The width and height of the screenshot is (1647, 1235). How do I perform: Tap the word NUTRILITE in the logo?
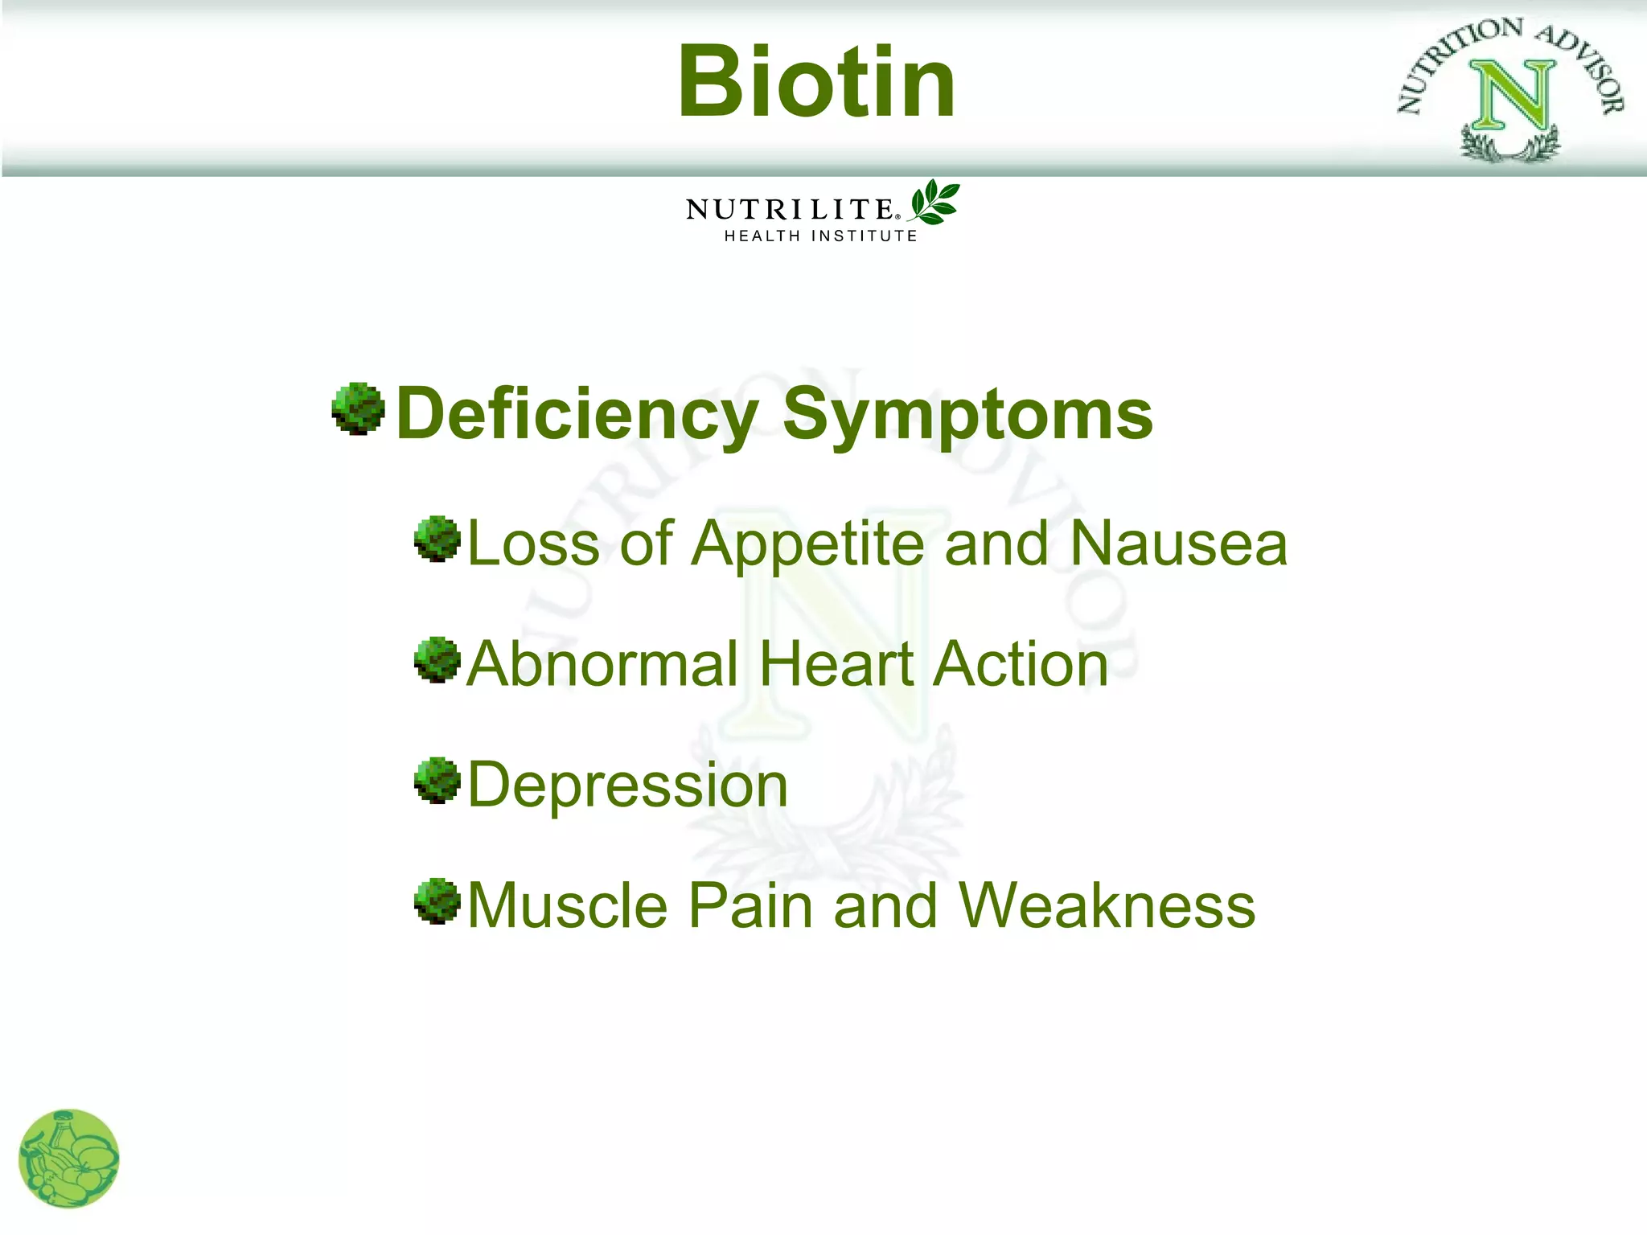click(790, 210)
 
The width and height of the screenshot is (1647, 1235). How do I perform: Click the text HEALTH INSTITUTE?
click(820, 236)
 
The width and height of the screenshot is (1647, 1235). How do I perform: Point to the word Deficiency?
click(577, 415)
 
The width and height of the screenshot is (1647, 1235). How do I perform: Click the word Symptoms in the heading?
click(967, 415)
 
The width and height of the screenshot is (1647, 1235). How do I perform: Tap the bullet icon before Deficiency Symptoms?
click(358, 408)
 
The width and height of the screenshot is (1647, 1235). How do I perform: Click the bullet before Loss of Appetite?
click(437, 539)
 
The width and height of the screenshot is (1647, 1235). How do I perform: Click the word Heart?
click(836, 664)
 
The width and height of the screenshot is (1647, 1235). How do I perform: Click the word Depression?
click(627, 786)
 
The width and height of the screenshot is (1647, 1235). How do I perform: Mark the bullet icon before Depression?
click(437, 780)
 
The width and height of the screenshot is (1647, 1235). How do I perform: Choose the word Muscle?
click(568, 906)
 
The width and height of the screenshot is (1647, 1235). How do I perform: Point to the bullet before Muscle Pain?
click(437, 901)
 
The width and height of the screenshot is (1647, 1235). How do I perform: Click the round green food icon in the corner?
click(69, 1159)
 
